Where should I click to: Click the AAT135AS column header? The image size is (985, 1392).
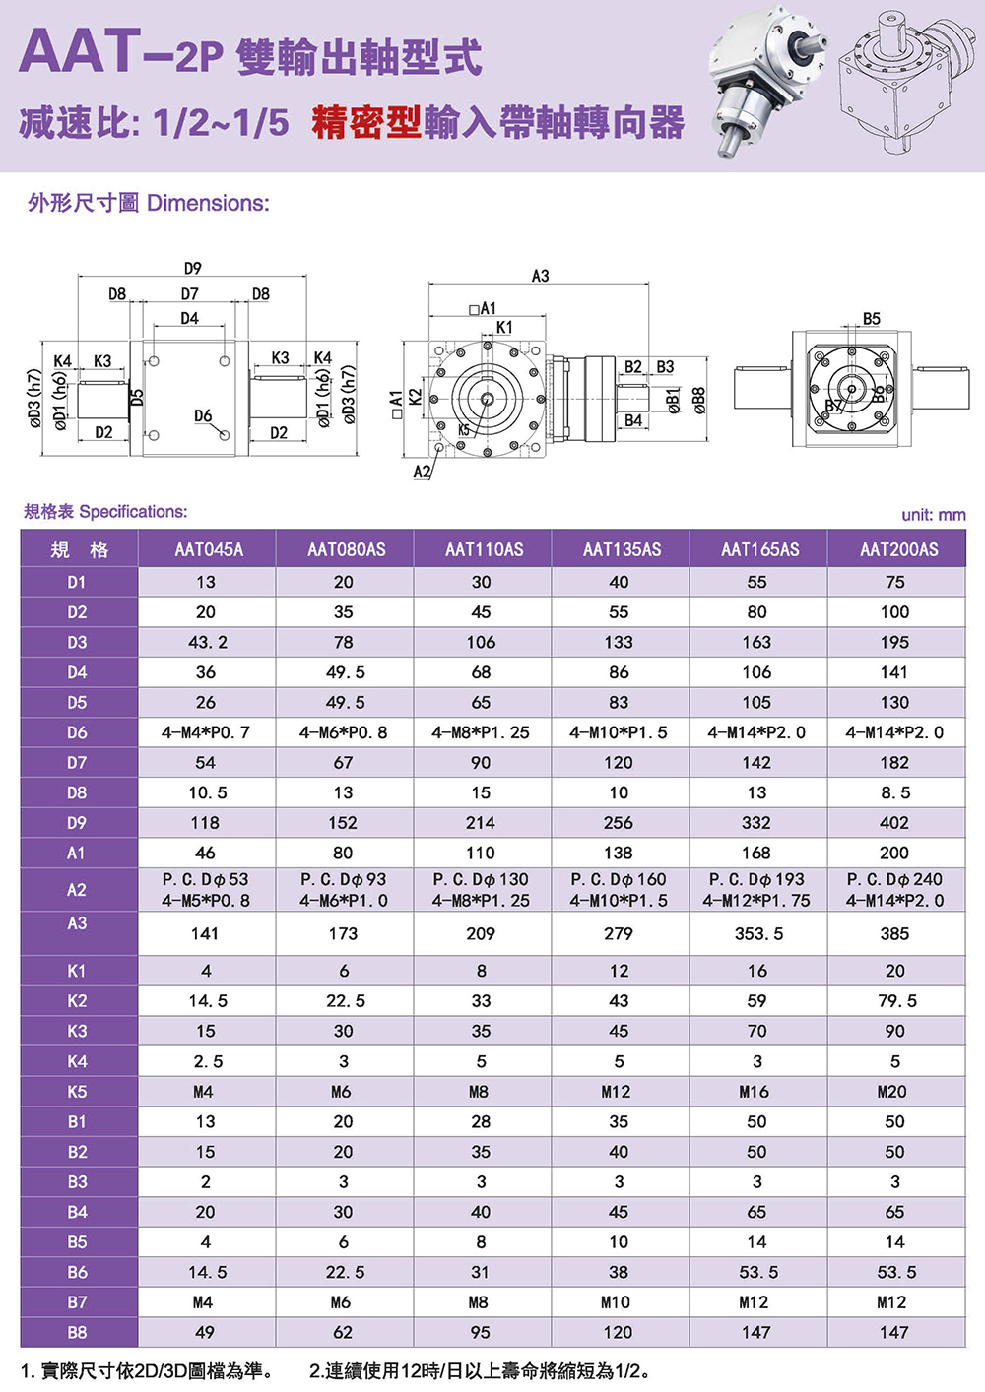point(622,549)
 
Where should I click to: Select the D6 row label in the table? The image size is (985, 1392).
point(77,732)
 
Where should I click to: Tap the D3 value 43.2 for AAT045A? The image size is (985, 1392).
point(207,642)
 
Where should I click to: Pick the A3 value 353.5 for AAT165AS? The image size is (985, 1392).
point(758,933)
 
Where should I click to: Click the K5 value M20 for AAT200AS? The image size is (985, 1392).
point(894,1092)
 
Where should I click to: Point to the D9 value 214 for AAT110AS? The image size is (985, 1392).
point(482,823)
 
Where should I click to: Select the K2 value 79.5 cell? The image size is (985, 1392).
point(894,1001)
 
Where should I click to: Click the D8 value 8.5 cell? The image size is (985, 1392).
point(894,792)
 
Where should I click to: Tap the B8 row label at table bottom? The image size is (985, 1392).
point(77,1332)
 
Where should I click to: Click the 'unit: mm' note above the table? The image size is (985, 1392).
point(933,515)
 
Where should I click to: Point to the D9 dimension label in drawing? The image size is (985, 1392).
point(192,268)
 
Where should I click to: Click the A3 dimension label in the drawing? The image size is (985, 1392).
point(540,276)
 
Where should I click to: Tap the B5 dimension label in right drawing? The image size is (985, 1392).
point(872,319)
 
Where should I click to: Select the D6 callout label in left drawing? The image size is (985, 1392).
point(203,416)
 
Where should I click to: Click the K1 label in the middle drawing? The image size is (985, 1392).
point(504,327)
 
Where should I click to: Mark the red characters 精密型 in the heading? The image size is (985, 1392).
point(366,122)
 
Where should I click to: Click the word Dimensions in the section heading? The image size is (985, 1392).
point(208,203)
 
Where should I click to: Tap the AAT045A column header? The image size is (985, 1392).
point(208,549)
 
